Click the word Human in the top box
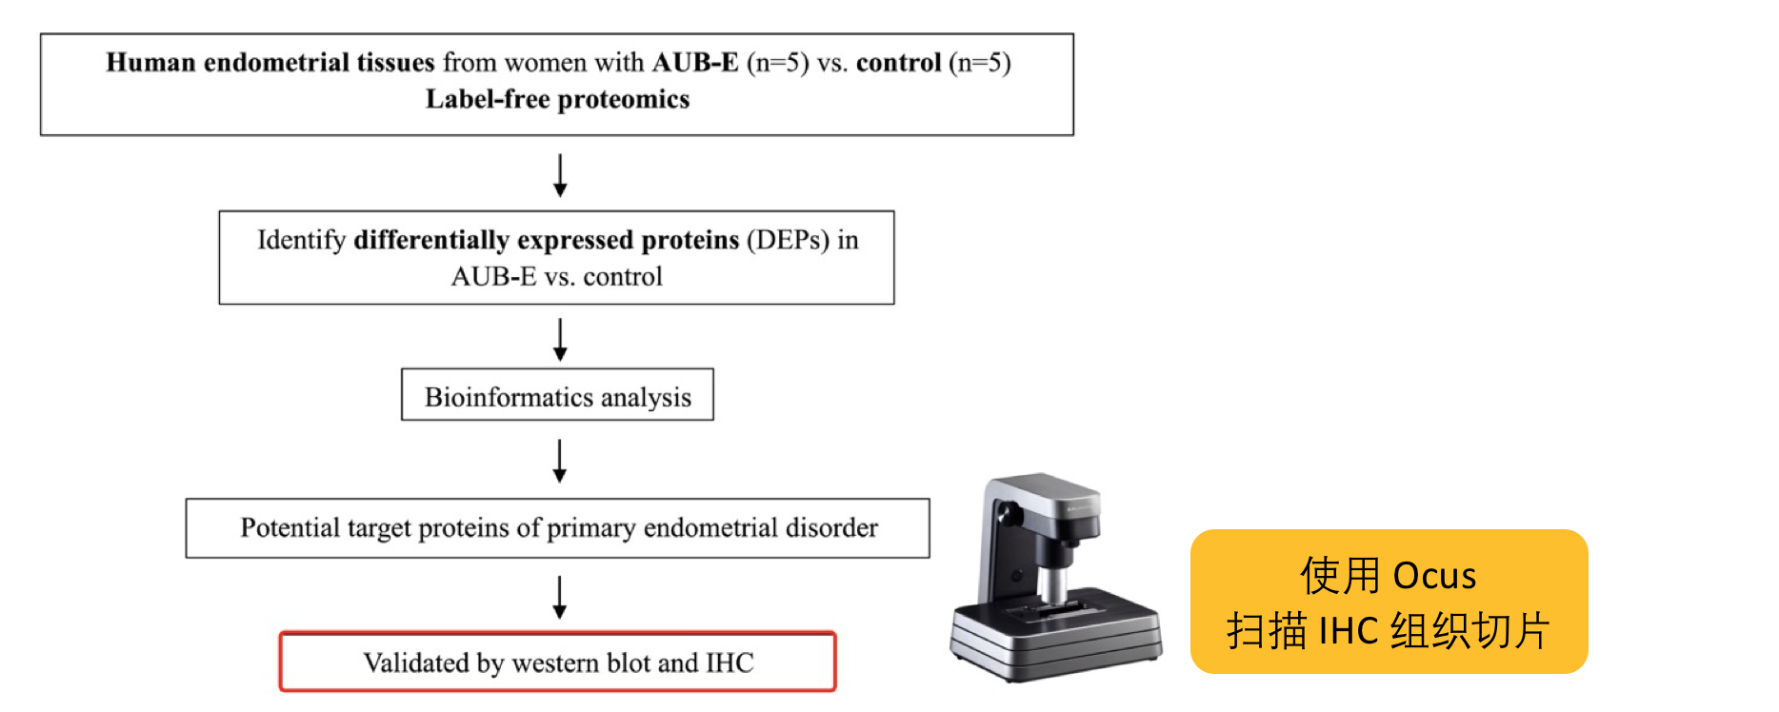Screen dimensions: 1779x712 click(x=150, y=63)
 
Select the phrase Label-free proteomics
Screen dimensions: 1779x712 click(x=557, y=99)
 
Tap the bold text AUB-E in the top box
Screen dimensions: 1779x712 click(x=695, y=63)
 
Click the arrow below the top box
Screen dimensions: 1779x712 click(x=560, y=175)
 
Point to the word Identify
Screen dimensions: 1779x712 click(x=301, y=241)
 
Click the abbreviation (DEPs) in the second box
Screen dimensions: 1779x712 click(x=789, y=240)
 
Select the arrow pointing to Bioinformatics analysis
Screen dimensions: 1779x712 click(x=560, y=339)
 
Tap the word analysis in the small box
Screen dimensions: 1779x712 click(x=646, y=398)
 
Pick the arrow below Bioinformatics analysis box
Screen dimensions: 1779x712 click(x=560, y=461)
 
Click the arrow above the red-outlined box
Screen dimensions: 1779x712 click(x=560, y=597)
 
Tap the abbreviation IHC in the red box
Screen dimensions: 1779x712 click(x=730, y=663)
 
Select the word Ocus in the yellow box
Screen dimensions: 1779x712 click(x=1434, y=577)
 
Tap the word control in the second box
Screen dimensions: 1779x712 click(x=623, y=277)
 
